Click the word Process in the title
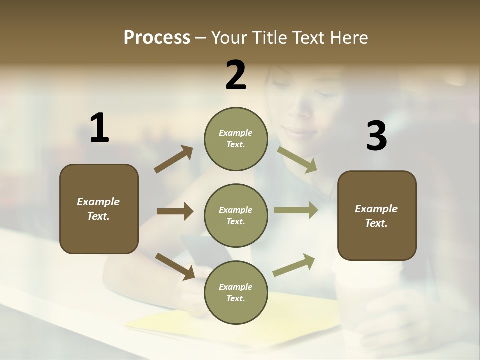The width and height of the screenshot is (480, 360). (x=157, y=38)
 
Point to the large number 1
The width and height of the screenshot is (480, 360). (x=99, y=128)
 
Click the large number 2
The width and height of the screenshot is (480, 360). (x=236, y=75)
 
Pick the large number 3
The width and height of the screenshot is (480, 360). (x=376, y=136)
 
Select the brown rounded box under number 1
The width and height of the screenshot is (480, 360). (x=99, y=209)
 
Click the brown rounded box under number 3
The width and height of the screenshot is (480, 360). (x=377, y=215)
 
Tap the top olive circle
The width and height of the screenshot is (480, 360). (x=236, y=139)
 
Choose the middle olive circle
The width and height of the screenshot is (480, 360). (x=236, y=215)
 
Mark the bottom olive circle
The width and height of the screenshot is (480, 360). (x=236, y=292)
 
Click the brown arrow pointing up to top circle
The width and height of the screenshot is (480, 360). (x=174, y=159)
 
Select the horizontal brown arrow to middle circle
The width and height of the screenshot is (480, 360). (x=175, y=211)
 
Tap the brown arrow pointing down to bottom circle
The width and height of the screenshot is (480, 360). (x=175, y=266)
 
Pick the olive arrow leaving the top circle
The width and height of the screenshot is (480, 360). (x=297, y=159)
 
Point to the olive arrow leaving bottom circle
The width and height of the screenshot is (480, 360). (x=294, y=265)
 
